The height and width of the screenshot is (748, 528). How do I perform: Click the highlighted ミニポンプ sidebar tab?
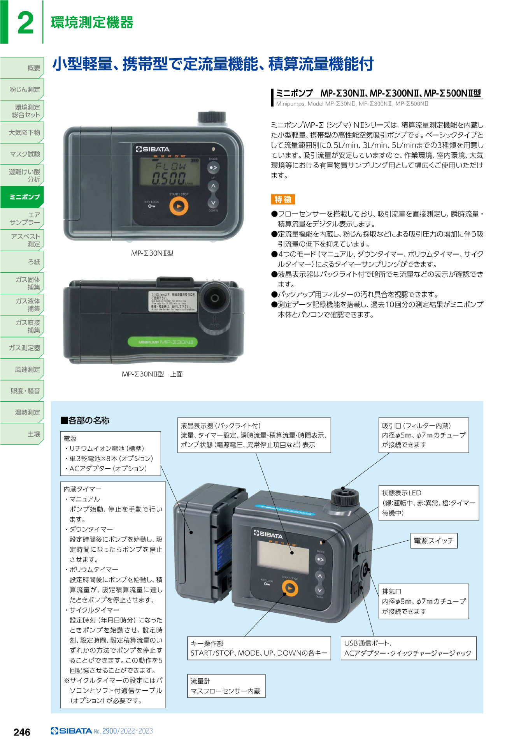[x=22, y=197]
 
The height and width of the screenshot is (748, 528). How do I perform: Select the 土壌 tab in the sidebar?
[x=22, y=434]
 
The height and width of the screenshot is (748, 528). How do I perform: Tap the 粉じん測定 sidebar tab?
[x=22, y=89]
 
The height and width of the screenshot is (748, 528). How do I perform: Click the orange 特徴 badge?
[x=283, y=199]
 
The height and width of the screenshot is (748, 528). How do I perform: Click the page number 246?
[x=22, y=732]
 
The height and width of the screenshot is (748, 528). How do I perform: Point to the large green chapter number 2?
[x=25, y=23]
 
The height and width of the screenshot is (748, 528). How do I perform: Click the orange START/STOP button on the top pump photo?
[x=179, y=206]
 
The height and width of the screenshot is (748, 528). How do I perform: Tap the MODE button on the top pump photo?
[x=213, y=168]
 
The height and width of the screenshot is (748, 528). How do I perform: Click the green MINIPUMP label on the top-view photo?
[x=163, y=342]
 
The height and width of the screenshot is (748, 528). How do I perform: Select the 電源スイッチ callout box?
[x=434, y=541]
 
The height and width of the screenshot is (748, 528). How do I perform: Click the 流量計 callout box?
[x=226, y=686]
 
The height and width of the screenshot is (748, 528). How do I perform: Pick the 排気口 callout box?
[x=423, y=601]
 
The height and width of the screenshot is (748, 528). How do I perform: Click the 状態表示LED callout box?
[x=428, y=503]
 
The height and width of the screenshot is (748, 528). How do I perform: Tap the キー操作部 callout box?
[x=259, y=648]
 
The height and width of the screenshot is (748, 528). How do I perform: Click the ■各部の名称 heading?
[x=85, y=420]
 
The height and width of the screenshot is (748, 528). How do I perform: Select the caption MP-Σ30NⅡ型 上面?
[x=152, y=374]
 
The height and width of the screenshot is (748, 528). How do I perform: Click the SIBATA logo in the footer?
[x=72, y=731]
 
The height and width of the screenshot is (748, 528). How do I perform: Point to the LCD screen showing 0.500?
[x=170, y=173]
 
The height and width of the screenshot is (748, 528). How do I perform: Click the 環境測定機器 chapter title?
[x=92, y=23]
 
